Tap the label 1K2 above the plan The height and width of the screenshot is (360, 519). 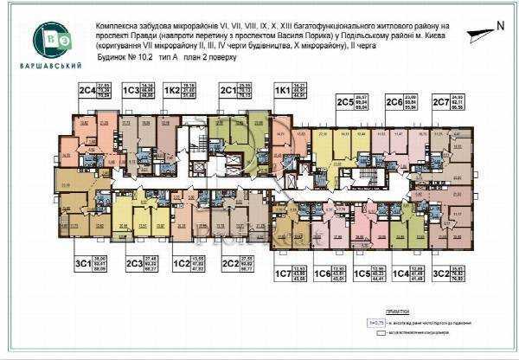(172, 89)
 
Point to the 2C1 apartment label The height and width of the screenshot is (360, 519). (227, 89)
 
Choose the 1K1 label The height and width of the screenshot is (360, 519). (281, 89)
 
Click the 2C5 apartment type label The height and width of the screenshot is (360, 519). (343, 101)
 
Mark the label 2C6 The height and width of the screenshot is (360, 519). (394, 101)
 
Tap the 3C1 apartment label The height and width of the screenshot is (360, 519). (83, 263)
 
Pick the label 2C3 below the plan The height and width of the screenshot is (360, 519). (133, 263)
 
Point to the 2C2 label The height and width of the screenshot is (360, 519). (229, 263)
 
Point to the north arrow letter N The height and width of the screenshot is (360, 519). (500, 26)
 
